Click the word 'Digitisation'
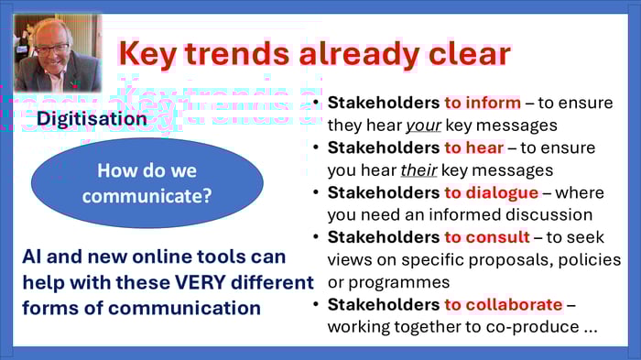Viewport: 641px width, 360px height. tap(92, 119)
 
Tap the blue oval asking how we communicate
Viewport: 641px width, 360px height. tap(147, 182)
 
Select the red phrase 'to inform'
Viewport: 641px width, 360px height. tap(483, 104)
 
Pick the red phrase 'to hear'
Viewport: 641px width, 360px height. tap(474, 147)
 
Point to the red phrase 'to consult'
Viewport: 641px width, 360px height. tap(487, 237)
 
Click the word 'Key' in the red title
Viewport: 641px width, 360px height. tap(150, 53)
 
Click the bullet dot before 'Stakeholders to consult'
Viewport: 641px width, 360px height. tap(316, 237)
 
